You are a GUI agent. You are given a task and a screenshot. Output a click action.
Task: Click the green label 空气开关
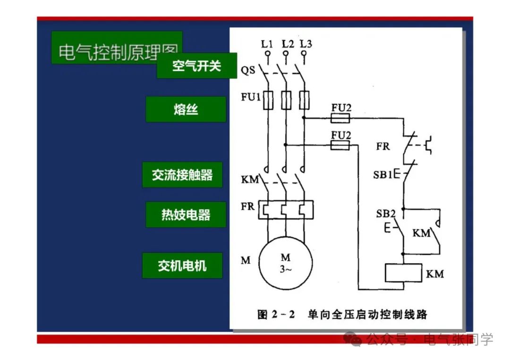[x=196, y=66]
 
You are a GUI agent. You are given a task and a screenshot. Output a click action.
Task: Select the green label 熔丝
[x=186, y=109]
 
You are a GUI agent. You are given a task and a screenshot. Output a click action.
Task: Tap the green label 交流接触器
[x=182, y=175]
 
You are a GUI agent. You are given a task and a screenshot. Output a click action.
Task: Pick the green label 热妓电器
[x=186, y=215]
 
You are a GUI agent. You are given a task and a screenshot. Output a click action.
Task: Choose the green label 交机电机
[x=182, y=265]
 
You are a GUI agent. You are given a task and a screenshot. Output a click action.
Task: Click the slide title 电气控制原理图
[x=117, y=52]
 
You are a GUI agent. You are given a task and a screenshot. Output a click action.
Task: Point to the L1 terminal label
[x=267, y=44]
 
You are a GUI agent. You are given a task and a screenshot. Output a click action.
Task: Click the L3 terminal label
[x=306, y=44]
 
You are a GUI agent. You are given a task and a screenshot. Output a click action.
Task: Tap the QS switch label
[x=248, y=71]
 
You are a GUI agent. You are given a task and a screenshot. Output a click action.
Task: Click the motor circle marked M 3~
[x=286, y=264]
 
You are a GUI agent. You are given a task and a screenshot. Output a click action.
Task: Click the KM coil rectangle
[x=403, y=273]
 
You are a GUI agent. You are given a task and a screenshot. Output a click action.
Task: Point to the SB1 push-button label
[x=382, y=175]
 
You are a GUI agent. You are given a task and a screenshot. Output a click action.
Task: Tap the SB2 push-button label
[x=386, y=213]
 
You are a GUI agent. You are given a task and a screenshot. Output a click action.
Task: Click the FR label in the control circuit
[x=383, y=146]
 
